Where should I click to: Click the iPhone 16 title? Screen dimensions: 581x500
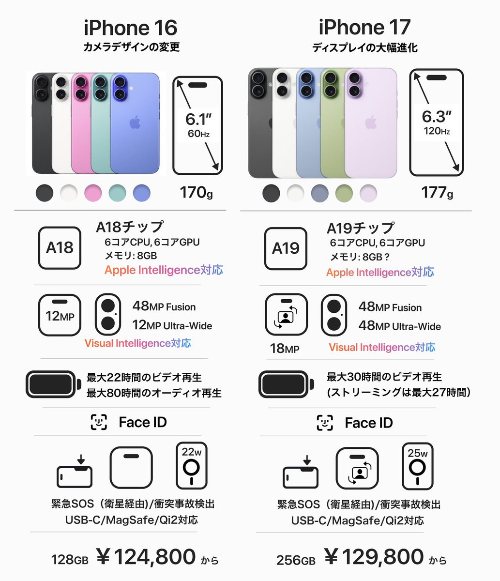[130, 28]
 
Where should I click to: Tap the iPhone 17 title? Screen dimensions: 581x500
[364, 28]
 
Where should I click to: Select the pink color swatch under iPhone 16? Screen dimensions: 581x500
[93, 193]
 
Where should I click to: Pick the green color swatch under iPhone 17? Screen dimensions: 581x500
[344, 193]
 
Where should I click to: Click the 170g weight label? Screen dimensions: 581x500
[196, 192]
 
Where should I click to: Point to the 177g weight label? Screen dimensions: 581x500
[437, 192]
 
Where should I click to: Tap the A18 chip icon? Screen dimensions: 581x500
[60, 248]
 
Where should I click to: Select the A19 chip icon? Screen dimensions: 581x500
[286, 248]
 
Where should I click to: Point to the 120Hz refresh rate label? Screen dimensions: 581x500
[436, 131]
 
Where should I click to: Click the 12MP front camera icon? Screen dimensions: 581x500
[60, 315]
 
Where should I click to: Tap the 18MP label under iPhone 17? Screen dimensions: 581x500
[284, 348]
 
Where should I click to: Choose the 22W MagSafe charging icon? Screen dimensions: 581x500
[192, 465]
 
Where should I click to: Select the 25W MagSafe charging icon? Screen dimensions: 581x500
[417, 466]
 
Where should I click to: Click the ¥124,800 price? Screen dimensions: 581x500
[146, 557]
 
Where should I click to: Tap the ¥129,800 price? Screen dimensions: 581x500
[374, 557]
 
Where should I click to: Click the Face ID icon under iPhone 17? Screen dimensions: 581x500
[325, 423]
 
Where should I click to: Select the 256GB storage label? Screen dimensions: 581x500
[296, 560]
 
